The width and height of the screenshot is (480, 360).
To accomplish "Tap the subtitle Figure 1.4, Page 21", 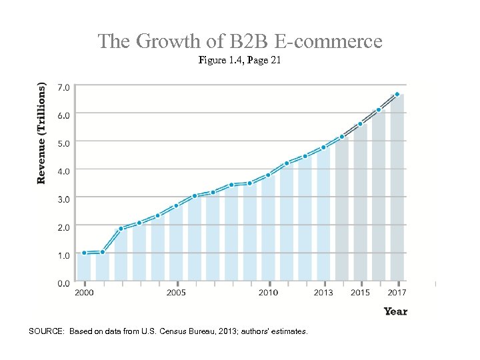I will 240,61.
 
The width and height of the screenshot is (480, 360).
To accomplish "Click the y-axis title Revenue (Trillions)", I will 42,133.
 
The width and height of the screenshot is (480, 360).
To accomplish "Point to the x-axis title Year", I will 395,311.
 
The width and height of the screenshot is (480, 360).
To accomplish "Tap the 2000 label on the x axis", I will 84,293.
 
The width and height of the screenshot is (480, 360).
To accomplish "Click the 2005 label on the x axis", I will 176,293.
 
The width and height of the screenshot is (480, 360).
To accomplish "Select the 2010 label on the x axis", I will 268,293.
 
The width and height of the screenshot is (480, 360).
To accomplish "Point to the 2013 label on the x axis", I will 323,293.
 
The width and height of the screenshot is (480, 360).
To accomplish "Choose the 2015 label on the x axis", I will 360,293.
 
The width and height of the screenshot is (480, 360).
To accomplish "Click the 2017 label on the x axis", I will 397,293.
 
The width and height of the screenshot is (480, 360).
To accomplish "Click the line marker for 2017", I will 397,95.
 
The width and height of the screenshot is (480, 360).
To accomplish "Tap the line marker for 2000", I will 84,253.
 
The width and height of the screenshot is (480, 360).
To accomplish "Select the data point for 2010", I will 268,175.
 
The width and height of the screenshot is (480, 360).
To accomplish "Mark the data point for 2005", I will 176,206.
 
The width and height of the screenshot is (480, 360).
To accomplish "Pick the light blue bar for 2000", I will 84,267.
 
